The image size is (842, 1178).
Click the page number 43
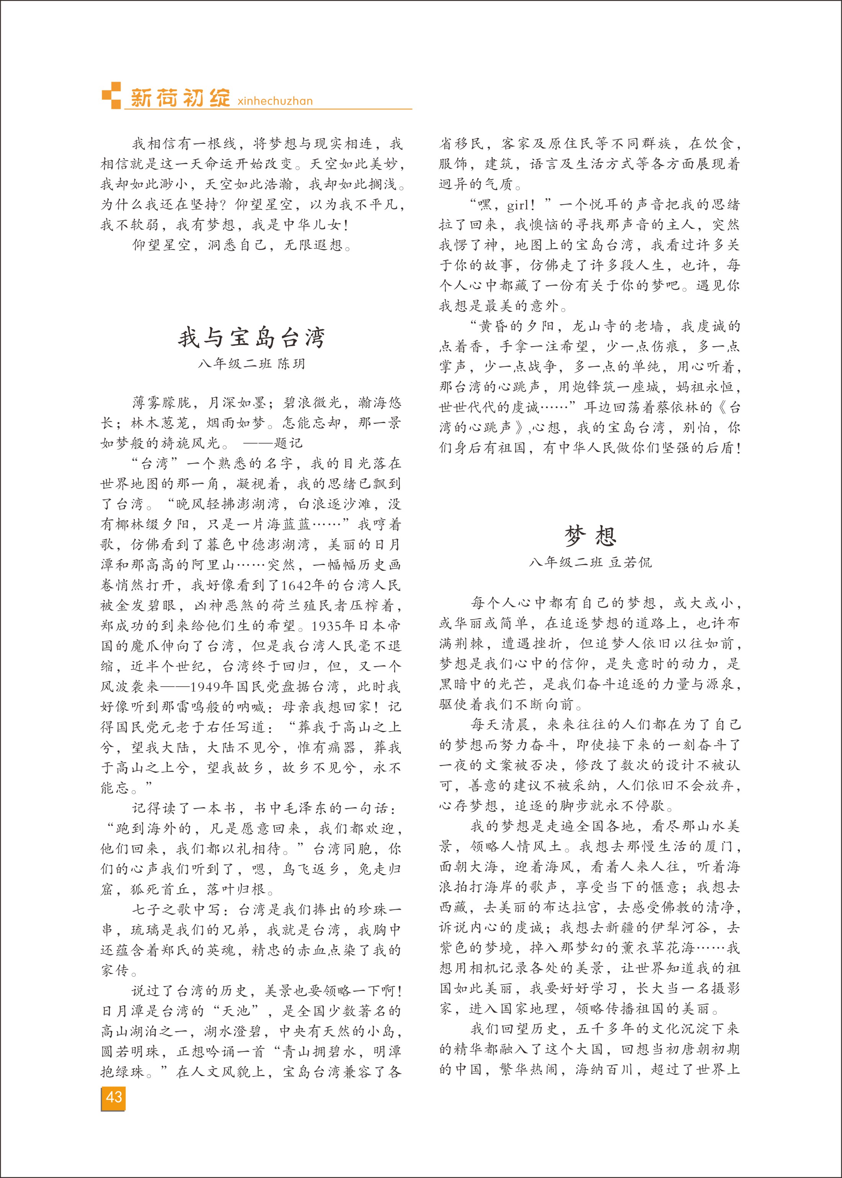[x=114, y=1096]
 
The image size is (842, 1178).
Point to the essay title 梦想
[x=590, y=536]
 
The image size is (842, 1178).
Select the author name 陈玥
[x=291, y=364]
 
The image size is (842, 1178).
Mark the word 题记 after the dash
[x=288, y=443]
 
